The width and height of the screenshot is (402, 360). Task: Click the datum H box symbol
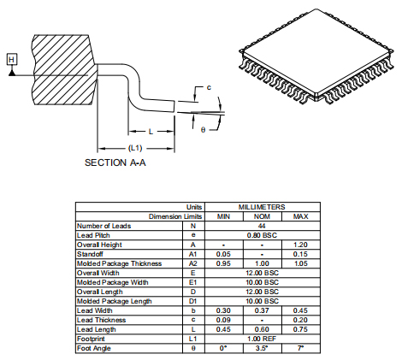pyautogui.click(x=11, y=59)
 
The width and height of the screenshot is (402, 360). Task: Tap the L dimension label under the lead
pyautogui.click(x=151, y=132)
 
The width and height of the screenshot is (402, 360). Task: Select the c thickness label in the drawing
pyautogui.click(x=209, y=88)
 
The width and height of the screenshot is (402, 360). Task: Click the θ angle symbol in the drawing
pyautogui.click(x=203, y=129)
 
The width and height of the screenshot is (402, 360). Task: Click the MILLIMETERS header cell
pyautogui.click(x=262, y=208)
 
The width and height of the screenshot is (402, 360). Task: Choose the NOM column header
pyautogui.click(x=262, y=216)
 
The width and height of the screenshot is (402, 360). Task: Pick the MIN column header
pyautogui.click(x=222, y=216)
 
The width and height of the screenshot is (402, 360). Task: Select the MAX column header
pyautogui.click(x=300, y=216)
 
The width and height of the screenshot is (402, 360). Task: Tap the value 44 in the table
pyautogui.click(x=262, y=226)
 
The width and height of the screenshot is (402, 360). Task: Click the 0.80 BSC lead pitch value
pyautogui.click(x=262, y=235)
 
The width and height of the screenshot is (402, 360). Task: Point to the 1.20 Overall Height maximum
pyautogui.click(x=300, y=245)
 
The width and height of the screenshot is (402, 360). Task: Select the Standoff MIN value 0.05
pyautogui.click(x=222, y=254)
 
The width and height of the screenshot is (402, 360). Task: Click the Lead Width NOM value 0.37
pyautogui.click(x=262, y=310)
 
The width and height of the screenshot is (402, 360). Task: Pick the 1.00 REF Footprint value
pyautogui.click(x=262, y=339)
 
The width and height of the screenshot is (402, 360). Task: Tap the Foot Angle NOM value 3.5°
pyautogui.click(x=262, y=348)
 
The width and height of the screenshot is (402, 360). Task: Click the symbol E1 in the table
pyautogui.click(x=192, y=282)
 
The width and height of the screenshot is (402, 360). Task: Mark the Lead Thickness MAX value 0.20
pyautogui.click(x=300, y=320)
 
